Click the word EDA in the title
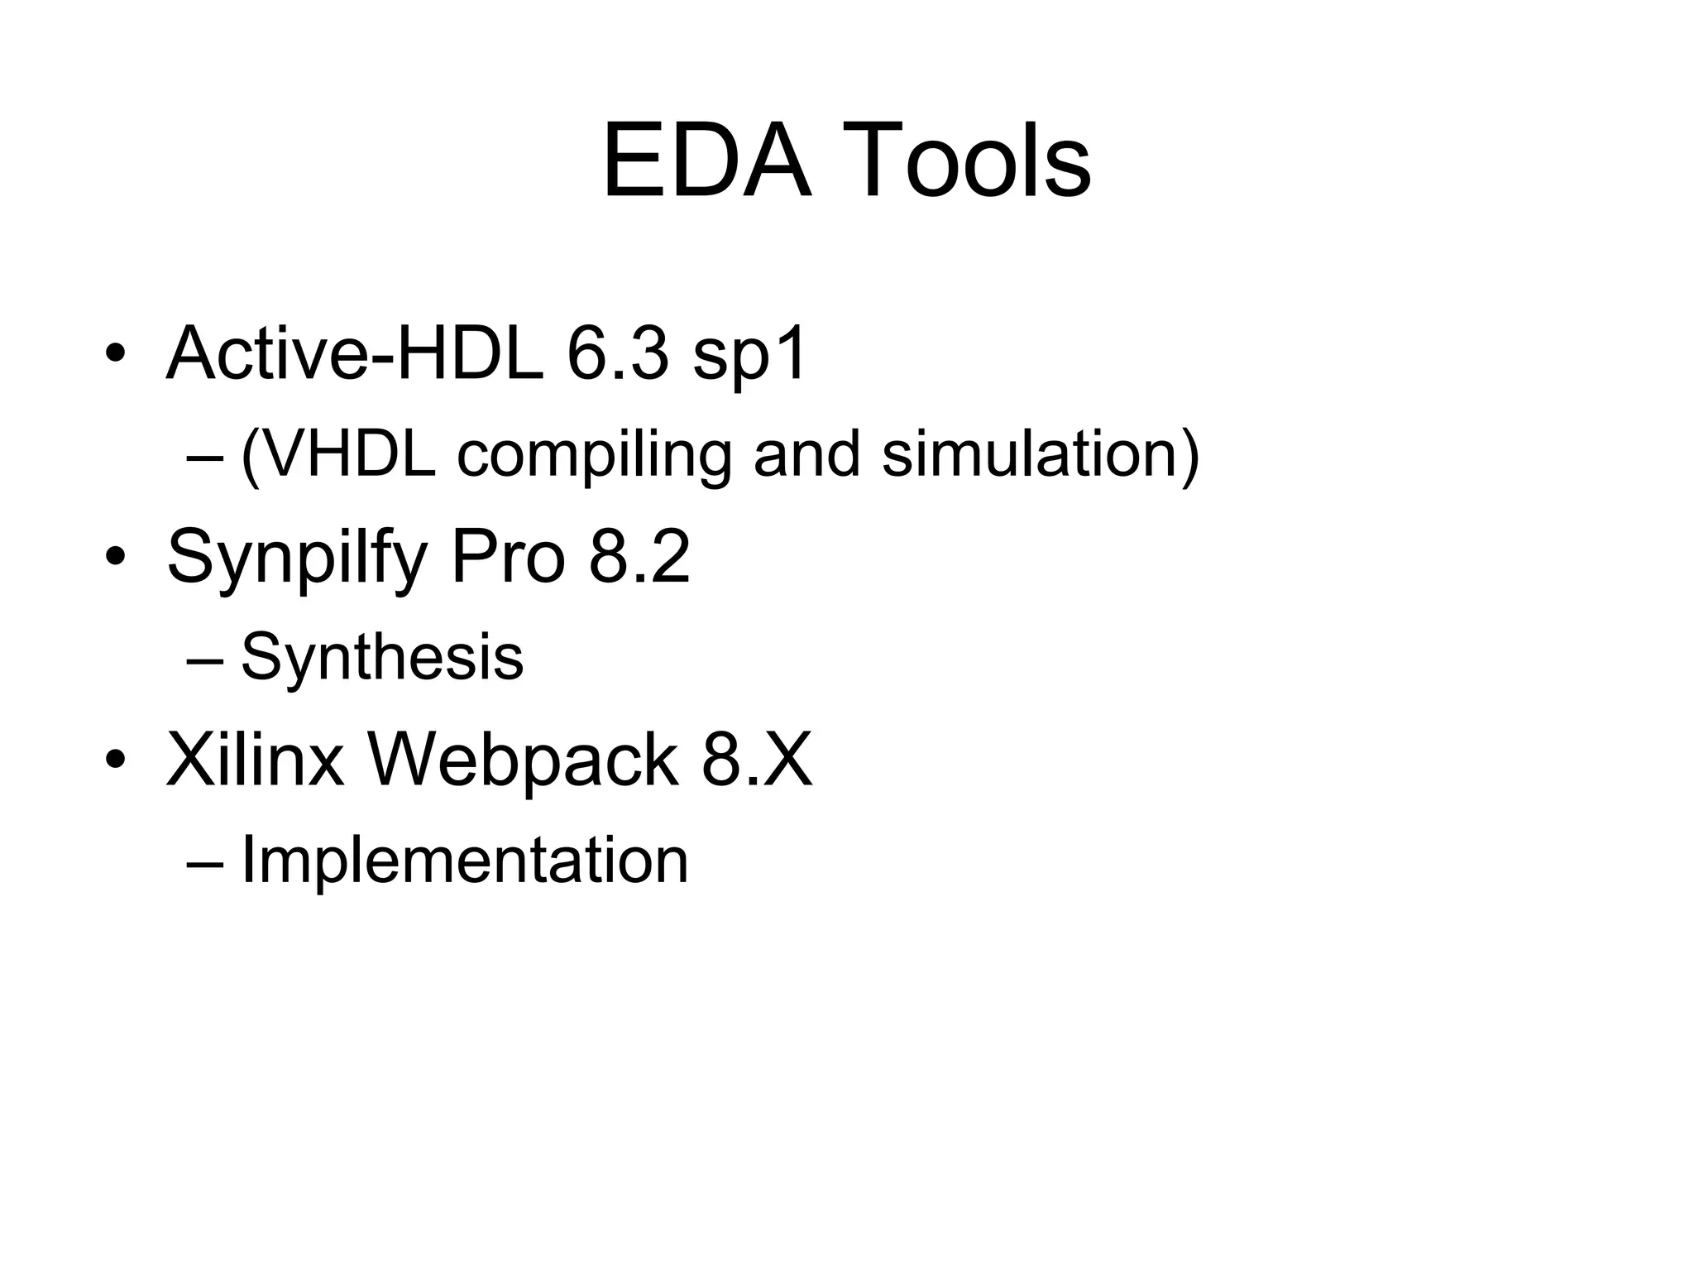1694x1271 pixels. [707, 161]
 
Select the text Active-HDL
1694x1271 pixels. [355, 353]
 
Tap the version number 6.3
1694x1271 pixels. [617, 353]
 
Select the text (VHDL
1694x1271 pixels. [338, 455]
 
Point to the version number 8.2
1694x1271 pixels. [639, 557]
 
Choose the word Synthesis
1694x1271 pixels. [382, 657]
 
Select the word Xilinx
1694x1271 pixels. [256, 760]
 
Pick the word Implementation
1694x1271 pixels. [464, 861]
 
